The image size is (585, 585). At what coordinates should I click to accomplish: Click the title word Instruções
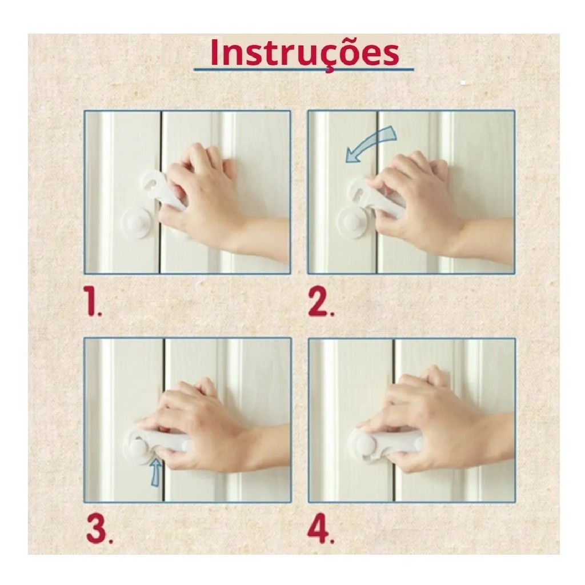[304, 53]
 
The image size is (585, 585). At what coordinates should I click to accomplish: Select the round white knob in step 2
[352, 222]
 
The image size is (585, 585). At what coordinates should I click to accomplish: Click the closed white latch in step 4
[384, 445]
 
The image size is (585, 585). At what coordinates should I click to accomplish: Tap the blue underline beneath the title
[304, 69]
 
